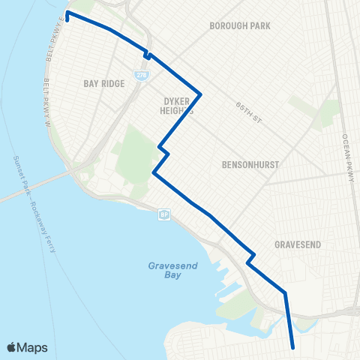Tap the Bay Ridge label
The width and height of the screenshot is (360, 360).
point(103,83)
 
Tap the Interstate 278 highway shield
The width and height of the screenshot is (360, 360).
point(141,76)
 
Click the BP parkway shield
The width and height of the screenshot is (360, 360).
point(163,215)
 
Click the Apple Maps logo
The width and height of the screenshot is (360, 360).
point(27,346)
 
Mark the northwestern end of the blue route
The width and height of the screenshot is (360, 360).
point(67,13)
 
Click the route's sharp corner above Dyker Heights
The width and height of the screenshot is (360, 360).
point(200,94)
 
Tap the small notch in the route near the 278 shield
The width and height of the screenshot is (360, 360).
point(148,55)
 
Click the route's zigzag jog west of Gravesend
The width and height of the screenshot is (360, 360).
point(250,259)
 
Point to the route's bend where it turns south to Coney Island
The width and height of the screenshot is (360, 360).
point(285,292)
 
